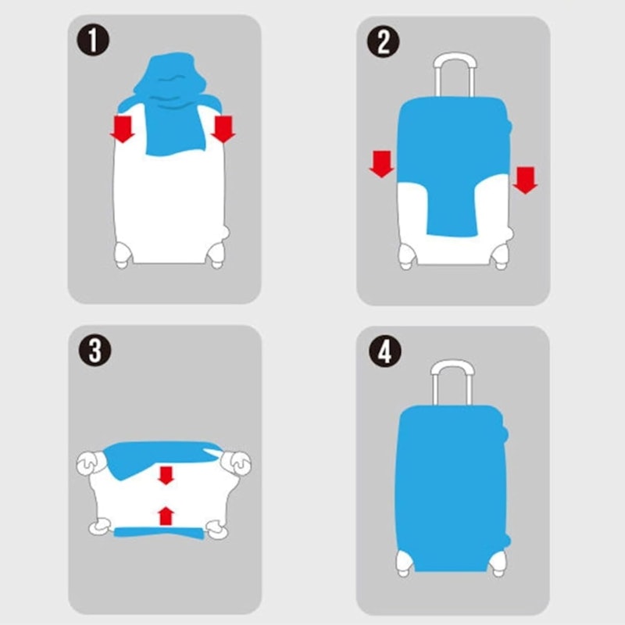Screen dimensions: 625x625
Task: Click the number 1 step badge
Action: coord(93,40)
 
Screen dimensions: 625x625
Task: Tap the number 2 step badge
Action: coord(383,41)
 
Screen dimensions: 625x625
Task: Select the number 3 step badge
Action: coord(95,350)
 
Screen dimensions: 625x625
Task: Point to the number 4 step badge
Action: coord(384,351)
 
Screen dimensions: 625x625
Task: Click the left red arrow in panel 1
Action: coord(123,129)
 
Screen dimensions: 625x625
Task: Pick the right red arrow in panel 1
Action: coord(223,129)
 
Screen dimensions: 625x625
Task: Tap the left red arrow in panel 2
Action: coord(382,164)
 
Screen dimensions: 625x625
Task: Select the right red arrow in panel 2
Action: coord(525,180)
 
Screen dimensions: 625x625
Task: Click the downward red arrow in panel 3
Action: coord(166,476)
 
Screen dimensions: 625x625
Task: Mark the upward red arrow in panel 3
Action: coord(166,516)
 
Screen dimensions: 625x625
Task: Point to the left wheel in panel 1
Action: coord(123,255)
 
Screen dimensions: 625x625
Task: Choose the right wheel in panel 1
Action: coord(216,255)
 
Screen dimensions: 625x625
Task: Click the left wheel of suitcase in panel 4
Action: coord(404,562)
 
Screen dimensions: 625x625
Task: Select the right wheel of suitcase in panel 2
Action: coord(501,257)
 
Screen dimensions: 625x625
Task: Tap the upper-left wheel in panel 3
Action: coord(90,463)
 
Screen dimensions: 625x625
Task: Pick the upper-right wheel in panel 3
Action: coord(237,462)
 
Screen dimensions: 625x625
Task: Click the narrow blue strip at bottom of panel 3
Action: coord(159,533)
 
